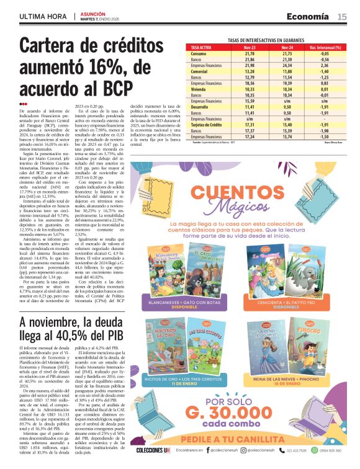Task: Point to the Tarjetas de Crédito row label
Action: (207, 125)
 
